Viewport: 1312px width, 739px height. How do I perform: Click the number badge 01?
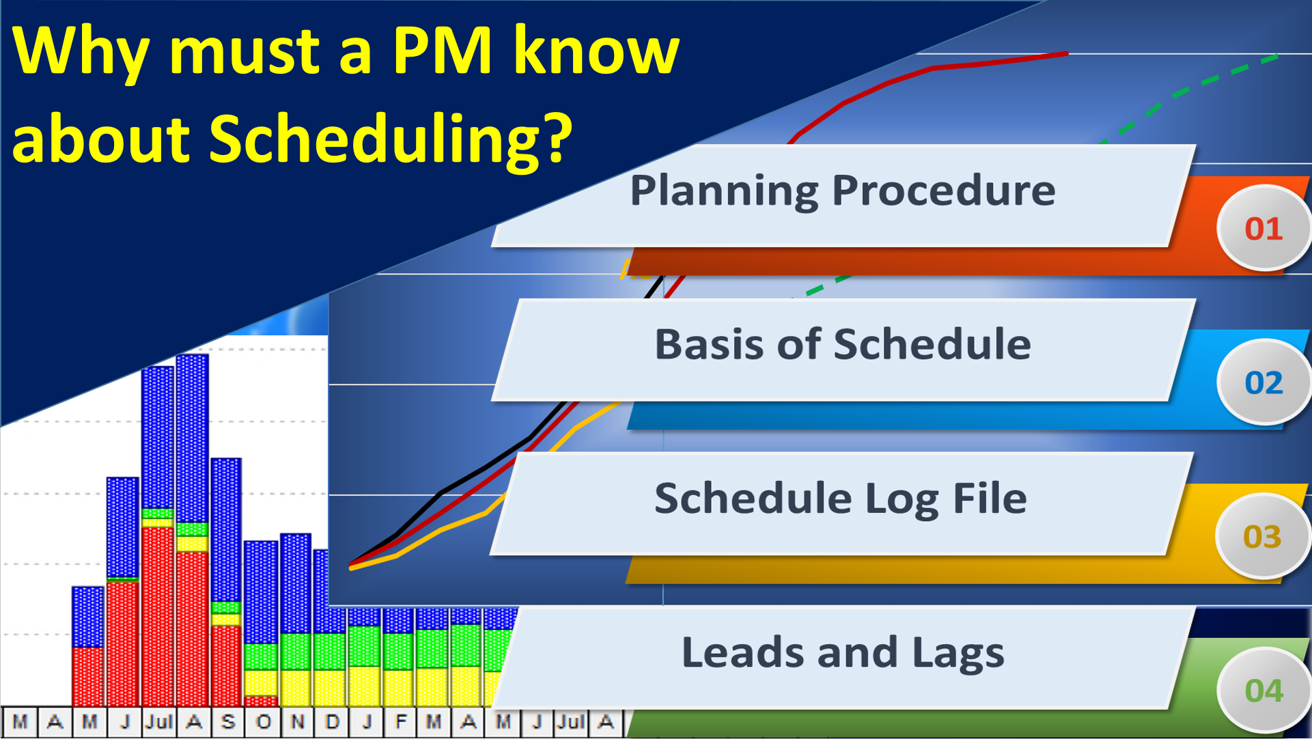click(1264, 229)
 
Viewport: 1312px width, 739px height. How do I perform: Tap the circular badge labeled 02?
click(1264, 383)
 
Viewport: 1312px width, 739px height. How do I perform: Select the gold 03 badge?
click(1262, 537)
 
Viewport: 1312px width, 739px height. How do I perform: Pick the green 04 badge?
click(1264, 691)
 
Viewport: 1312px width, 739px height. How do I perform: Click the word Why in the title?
click(81, 51)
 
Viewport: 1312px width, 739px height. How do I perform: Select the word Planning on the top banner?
click(723, 191)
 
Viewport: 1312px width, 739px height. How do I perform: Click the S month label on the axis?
click(228, 722)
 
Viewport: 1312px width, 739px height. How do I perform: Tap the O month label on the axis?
click(263, 722)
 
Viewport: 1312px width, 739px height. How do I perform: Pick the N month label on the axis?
click(297, 722)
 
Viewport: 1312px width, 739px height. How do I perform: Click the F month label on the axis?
click(401, 722)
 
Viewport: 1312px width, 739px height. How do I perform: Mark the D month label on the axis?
click(332, 722)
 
